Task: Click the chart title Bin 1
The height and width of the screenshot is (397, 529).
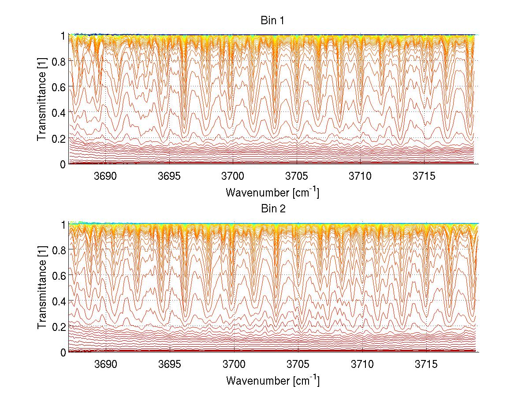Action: point(272,21)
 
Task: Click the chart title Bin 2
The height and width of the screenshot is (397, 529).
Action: point(272,209)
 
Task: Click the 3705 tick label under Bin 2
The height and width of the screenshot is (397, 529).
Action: point(297,364)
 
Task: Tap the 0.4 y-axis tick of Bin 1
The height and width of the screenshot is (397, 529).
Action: point(59,113)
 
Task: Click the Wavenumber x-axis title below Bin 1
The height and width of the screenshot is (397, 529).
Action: point(272,192)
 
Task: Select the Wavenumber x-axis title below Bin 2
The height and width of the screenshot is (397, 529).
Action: point(272,380)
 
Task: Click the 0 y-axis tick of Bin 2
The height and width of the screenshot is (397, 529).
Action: point(63,352)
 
